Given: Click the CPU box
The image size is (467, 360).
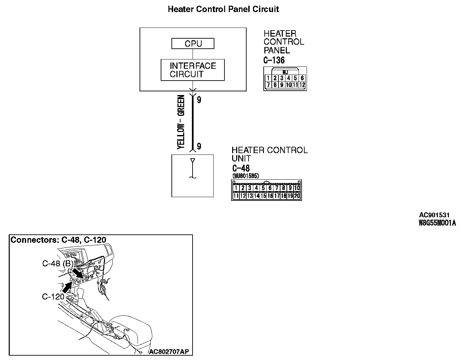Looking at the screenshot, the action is (x=193, y=44).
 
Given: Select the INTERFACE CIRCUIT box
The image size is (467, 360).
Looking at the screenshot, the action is (x=193, y=70).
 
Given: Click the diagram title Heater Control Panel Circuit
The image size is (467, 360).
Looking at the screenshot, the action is (x=223, y=9).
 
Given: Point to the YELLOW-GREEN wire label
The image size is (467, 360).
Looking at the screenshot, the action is (x=181, y=122).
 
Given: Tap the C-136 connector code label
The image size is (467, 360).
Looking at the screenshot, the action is (x=274, y=60).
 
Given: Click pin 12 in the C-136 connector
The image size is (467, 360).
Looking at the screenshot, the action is (x=302, y=85).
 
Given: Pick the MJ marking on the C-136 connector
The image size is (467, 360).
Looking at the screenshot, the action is (x=285, y=72).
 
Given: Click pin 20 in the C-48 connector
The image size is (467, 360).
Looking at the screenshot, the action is (x=297, y=196).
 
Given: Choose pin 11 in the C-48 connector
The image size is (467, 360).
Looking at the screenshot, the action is (x=236, y=196).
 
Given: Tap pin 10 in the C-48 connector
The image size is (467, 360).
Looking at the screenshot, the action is (x=297, y=188).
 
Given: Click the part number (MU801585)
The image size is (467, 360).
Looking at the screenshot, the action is (x=245, y=176).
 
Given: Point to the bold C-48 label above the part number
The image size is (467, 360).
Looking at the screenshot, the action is (x=241, y=168).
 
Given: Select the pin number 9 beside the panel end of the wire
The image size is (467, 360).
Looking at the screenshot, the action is (x=199, y=100).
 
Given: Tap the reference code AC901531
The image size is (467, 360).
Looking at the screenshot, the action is (x=434, y=215).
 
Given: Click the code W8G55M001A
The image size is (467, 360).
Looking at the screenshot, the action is (x=437, y=223).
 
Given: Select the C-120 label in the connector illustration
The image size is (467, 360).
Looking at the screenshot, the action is (x=53, y=297).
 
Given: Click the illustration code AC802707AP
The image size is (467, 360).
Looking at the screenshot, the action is (x=169, y=352).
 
